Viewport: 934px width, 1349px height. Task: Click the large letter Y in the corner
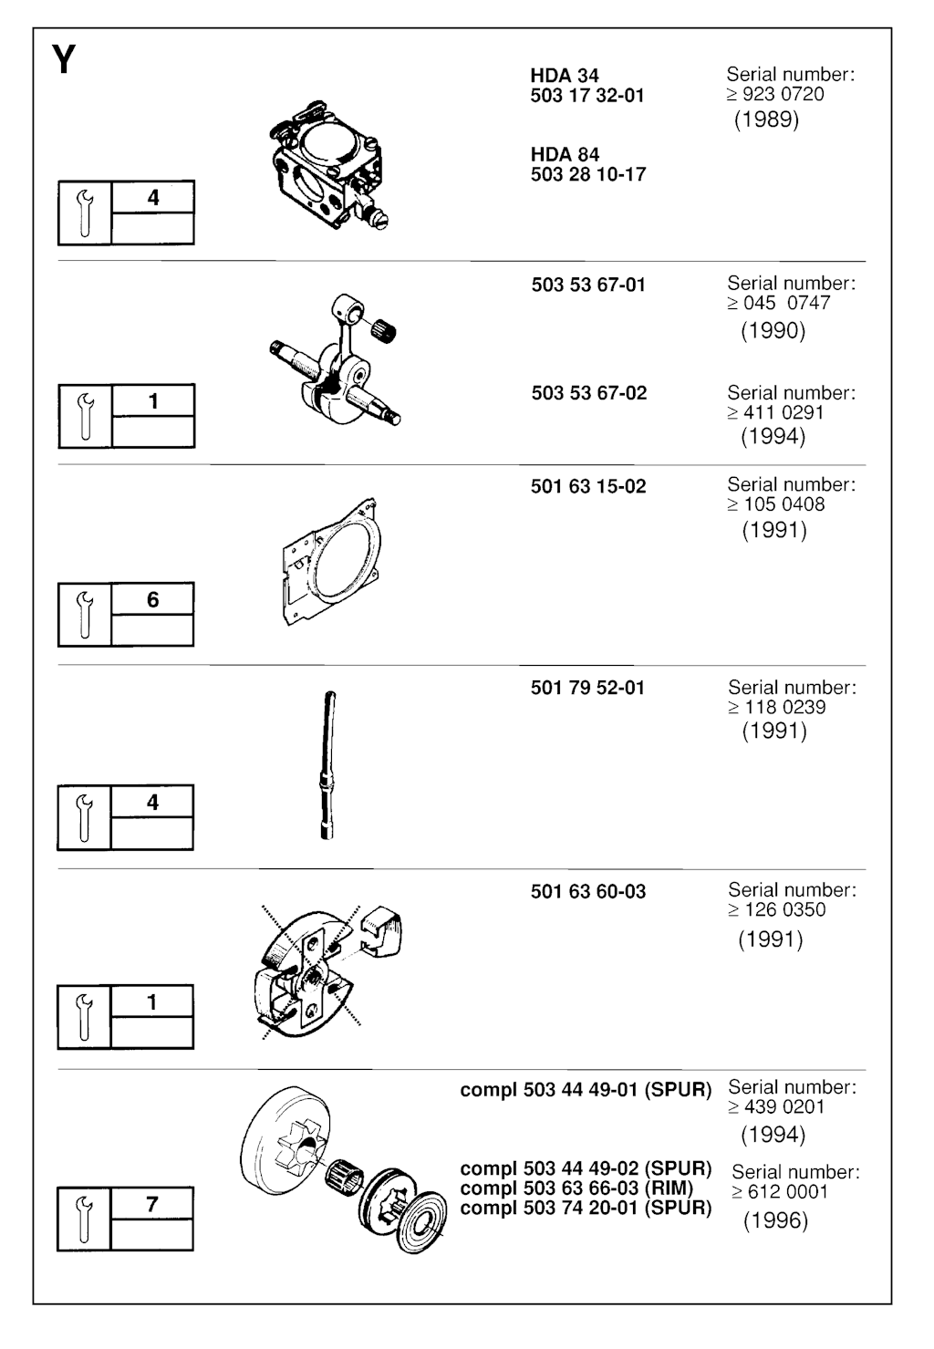64,59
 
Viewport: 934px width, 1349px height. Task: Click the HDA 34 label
565,76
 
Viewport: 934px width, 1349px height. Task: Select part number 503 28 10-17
587,174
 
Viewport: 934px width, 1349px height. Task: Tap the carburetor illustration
328,165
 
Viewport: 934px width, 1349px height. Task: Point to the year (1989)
766,119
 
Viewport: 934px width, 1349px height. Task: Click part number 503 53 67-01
587,285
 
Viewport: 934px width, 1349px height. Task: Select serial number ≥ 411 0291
775,412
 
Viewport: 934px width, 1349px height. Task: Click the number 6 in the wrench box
153,599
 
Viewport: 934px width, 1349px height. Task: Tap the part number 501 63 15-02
587,486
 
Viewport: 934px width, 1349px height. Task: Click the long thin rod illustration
328,765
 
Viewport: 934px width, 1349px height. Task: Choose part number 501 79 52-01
587,688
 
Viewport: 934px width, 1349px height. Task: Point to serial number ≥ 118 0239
776,707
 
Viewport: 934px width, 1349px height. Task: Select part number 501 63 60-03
587,891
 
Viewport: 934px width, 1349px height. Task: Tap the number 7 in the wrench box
152,1204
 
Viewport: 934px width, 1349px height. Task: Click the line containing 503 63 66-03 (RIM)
576,1188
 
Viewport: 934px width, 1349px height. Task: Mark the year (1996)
775,1220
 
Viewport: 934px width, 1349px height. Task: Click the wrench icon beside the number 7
84,1219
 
